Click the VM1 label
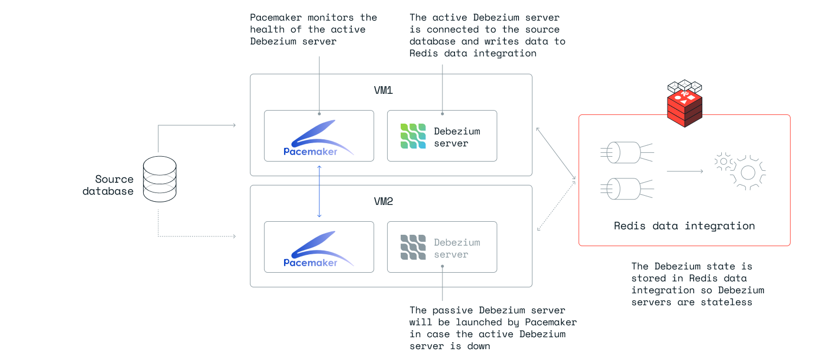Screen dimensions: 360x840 (383, 91)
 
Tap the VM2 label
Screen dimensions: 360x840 (383, 202)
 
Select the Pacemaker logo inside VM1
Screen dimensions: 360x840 (318, 139)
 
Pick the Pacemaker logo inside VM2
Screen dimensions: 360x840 (318, 250)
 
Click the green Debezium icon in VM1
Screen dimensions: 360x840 (413, 136)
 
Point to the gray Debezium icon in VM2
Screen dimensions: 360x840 (413, 247)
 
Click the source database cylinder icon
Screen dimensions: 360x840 (160, 179)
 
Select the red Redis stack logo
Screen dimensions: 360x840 (684, 106)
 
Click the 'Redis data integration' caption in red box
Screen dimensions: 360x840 (684, 226)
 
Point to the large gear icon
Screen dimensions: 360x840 (748, 172)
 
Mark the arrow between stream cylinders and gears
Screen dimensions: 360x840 (684, 171)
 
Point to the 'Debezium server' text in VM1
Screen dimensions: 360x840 (457, 137)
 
